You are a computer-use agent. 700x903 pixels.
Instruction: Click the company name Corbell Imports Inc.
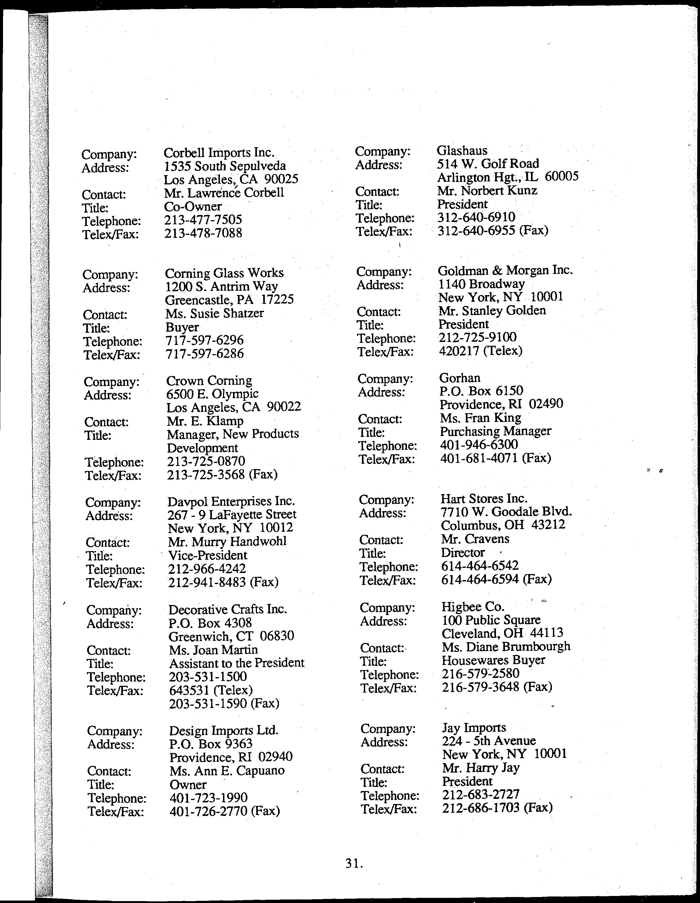[219, 153]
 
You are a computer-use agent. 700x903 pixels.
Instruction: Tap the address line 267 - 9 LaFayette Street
[232, 514]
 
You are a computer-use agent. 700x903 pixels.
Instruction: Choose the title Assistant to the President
[236, 663]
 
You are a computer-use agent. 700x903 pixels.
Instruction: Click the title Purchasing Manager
[495, 431]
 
